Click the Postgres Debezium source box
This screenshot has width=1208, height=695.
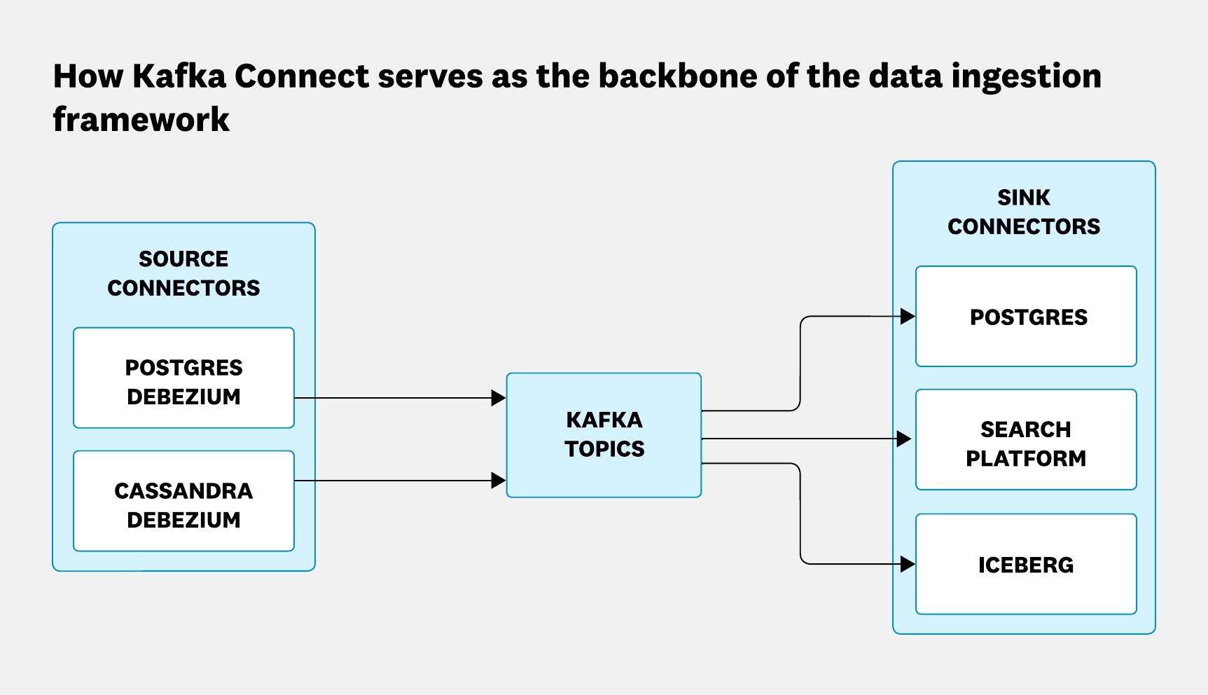183,378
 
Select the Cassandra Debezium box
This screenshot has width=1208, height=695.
183,502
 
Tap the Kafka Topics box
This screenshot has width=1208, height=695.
604,434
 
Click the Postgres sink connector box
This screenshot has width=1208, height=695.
1026,317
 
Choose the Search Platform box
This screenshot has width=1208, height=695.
1026,440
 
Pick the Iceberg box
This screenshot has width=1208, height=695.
1026,565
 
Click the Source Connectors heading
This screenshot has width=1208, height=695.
183,273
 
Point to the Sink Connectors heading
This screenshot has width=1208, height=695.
1024,212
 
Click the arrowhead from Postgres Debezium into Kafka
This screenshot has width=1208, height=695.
499,398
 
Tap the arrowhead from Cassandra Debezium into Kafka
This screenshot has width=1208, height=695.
499,481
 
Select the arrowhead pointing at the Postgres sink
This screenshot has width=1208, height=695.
908,317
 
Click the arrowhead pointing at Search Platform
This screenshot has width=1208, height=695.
904,439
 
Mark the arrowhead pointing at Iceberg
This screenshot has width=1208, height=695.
908,564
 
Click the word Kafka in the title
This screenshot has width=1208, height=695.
179,76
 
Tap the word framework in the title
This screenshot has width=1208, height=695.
141,119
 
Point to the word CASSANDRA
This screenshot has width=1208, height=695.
183,490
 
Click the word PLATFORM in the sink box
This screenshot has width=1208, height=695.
1026,458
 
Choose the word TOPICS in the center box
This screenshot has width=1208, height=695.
604,448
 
